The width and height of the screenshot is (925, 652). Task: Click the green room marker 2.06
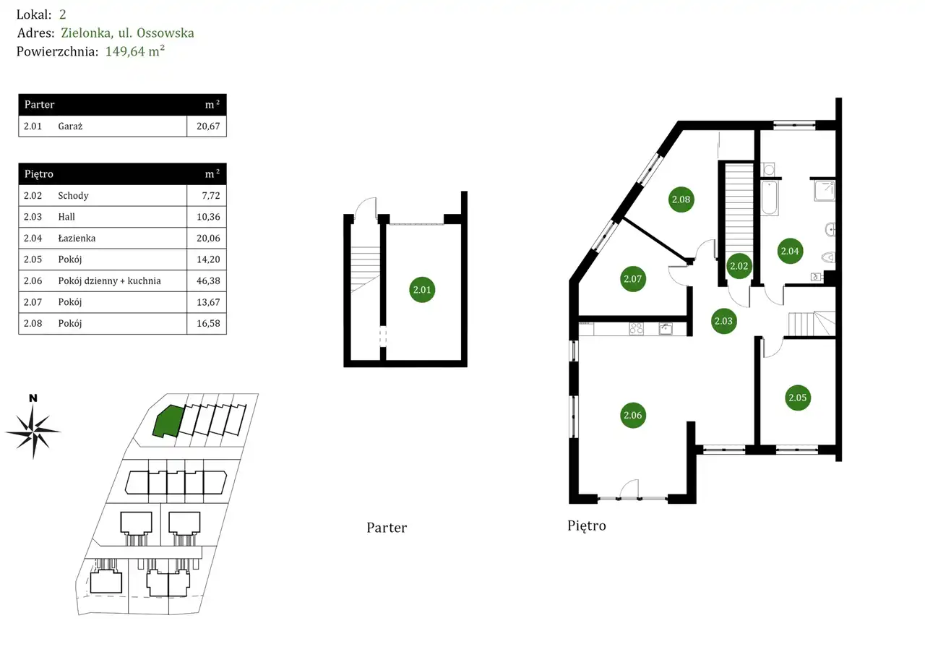[632, 415]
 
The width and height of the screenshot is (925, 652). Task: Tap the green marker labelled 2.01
[422, 291]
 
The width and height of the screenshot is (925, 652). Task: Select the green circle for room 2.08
[681, 200]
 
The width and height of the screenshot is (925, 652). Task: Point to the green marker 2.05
[798, 398]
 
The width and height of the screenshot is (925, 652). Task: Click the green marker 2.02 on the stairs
[739, 266]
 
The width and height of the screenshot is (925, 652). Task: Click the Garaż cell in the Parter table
[71, 126]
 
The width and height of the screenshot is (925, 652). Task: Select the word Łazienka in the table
[77, 239]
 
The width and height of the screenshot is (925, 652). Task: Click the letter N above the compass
[33, 398]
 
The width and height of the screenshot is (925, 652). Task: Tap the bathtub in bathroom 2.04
[770, 197]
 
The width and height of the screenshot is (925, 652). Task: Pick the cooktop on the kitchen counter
[637, 329]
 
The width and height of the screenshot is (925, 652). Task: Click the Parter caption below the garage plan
[387, 528]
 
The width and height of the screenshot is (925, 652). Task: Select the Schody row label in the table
[74, 196]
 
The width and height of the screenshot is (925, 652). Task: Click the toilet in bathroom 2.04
[828, 256]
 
